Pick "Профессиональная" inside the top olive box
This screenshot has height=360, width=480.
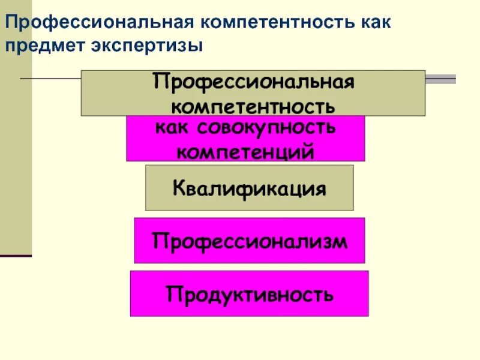pos(253,80)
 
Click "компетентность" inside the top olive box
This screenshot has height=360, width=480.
pos(253,106)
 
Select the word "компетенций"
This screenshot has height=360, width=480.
pos(245,151)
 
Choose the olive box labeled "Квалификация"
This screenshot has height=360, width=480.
pos(249,188)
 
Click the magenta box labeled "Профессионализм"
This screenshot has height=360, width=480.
pos(249,241)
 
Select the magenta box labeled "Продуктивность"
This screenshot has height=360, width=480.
pos(249,293)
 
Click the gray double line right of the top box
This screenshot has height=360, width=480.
pos(440,79)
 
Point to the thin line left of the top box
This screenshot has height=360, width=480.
pos(51,78)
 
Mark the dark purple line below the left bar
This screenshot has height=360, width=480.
pos(16,256)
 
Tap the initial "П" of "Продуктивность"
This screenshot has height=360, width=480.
pos(173,294)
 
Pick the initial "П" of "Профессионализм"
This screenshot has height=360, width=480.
pos(159,241)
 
